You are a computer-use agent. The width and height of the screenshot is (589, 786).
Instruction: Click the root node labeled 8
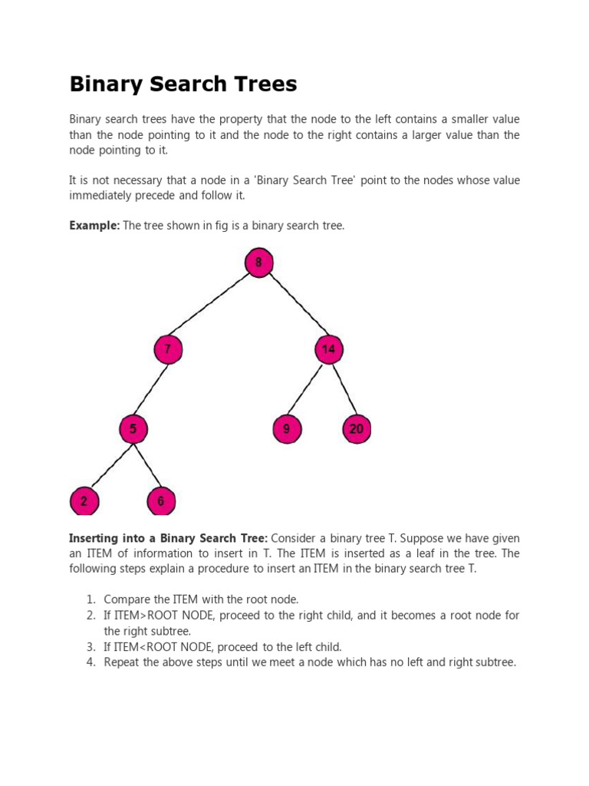(259, 263)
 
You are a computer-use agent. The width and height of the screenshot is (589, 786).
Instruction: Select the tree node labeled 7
(168, 350)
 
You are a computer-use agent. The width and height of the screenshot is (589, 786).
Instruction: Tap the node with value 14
(329, 350)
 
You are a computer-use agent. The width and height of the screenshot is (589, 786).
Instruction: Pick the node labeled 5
(133, 429)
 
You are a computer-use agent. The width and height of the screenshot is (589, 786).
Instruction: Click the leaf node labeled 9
(287, 429)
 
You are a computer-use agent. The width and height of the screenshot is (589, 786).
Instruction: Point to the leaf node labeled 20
(357, 429)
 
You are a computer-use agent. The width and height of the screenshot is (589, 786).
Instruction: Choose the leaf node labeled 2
(84, 502)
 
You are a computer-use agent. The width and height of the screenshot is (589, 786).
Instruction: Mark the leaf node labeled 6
(161, 502)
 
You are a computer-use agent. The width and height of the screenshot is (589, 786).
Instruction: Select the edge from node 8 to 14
(294, 307)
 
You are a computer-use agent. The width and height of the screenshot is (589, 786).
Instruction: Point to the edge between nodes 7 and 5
(151, 389)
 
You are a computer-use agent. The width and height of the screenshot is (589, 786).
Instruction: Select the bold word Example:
(94, 225)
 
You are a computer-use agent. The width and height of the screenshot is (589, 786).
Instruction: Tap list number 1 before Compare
(90, 599)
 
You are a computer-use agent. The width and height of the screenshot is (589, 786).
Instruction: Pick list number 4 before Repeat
(90, 662)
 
